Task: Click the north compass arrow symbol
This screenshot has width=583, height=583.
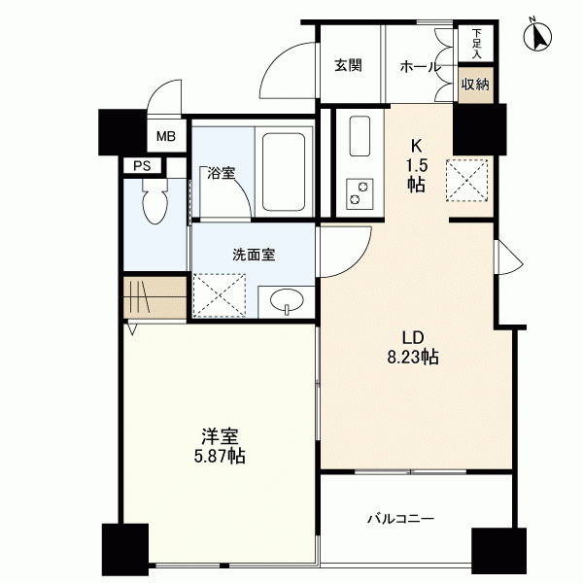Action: tap(537, 36)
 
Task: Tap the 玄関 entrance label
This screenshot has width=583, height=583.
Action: tap(348, 65)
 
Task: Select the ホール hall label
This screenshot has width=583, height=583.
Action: tap(420, 67)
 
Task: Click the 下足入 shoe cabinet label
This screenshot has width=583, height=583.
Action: tap(476, 44)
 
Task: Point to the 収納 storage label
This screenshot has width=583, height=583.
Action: tap(475, 85)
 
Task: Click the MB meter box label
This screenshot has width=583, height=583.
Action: tap(166, 136)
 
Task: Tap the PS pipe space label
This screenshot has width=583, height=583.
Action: tap(143, 166)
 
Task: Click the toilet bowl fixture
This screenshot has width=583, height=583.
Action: tap(155, 201)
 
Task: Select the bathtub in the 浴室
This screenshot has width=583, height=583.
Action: tap(284, 172)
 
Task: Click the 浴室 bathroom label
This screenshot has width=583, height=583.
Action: tap(222, 173)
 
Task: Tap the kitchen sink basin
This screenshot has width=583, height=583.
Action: tap(360, 136)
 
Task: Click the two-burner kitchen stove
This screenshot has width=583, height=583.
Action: tap(360, 193)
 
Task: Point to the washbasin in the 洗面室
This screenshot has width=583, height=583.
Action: tap(287, 299)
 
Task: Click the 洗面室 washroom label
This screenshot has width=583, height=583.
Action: tap(254, 255)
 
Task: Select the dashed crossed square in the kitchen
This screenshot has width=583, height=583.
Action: tap(467, 181)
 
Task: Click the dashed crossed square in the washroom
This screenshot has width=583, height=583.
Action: tap(220, 295)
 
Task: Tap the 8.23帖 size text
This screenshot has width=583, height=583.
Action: tap(413, 358)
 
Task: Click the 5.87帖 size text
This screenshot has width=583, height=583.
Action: tap(220, 456)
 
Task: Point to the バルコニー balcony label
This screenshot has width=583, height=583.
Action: tap(400, 518)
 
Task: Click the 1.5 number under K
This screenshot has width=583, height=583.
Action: tap(417, 165)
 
